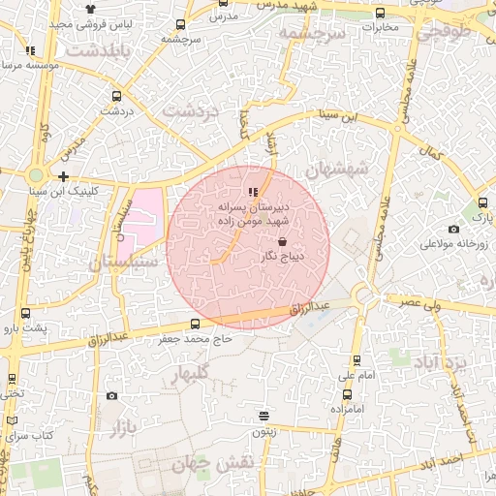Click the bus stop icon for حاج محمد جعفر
click(x=196, y=324)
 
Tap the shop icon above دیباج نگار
click(x=282, y=241)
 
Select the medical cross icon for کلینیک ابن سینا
click(x=63, y=176)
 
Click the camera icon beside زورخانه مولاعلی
click(x=454, y=230)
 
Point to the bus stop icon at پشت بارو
click(x=24, y=313)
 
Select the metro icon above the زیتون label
click(x=263, y=417)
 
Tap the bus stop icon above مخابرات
click(x=379, y=14)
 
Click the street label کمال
click(x=432, y=151)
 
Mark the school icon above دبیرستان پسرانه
click(x=253, y=192)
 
